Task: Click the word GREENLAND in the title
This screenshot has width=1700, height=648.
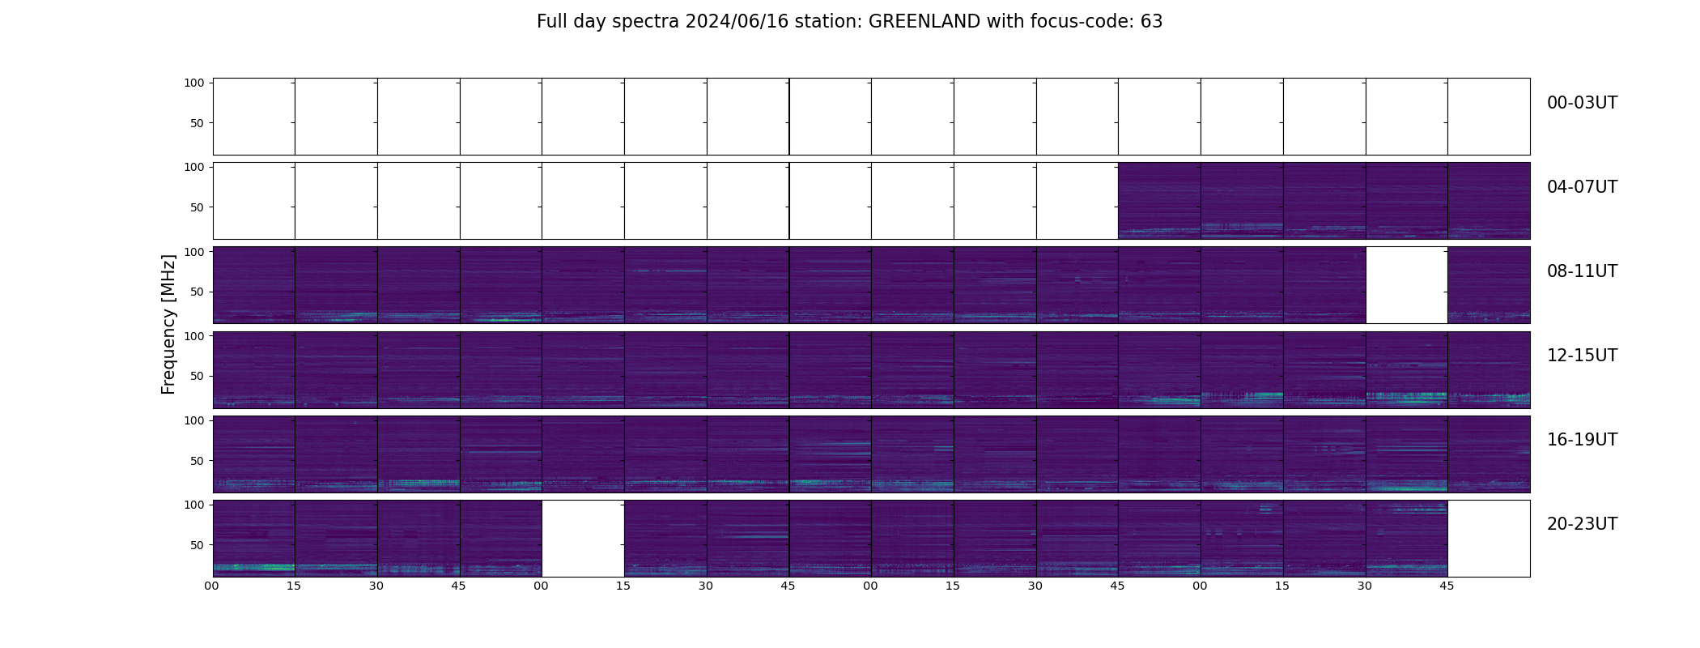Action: coord(924,22)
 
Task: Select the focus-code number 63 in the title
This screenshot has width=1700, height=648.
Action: coord(1151,22)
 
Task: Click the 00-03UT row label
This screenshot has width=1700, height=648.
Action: coord(1581,103)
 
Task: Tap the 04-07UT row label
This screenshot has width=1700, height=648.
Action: coord(1581,187)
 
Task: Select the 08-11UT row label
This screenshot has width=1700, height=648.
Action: coord(1581,271)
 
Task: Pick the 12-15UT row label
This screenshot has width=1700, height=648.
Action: coord(1581,356)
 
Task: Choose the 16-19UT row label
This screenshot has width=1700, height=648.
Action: coord(1581,440)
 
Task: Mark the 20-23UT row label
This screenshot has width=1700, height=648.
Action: coord(1581,524)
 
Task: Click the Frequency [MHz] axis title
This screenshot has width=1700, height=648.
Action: coord(168,324)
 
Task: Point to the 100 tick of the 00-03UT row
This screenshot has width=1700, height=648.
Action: coord(194,83)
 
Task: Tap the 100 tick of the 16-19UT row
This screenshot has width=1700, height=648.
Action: coord(194,420)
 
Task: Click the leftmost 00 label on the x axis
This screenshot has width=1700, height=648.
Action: coord(212,586)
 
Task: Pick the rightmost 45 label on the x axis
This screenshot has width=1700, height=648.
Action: coord(1447,586)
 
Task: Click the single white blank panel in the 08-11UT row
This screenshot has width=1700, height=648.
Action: coord(1406,285)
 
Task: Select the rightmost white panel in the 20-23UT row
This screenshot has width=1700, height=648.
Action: coord(1488,538)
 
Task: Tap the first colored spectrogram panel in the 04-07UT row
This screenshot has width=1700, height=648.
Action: coord(1159,201)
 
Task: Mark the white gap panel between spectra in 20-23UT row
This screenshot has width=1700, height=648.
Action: coord(583,538)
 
